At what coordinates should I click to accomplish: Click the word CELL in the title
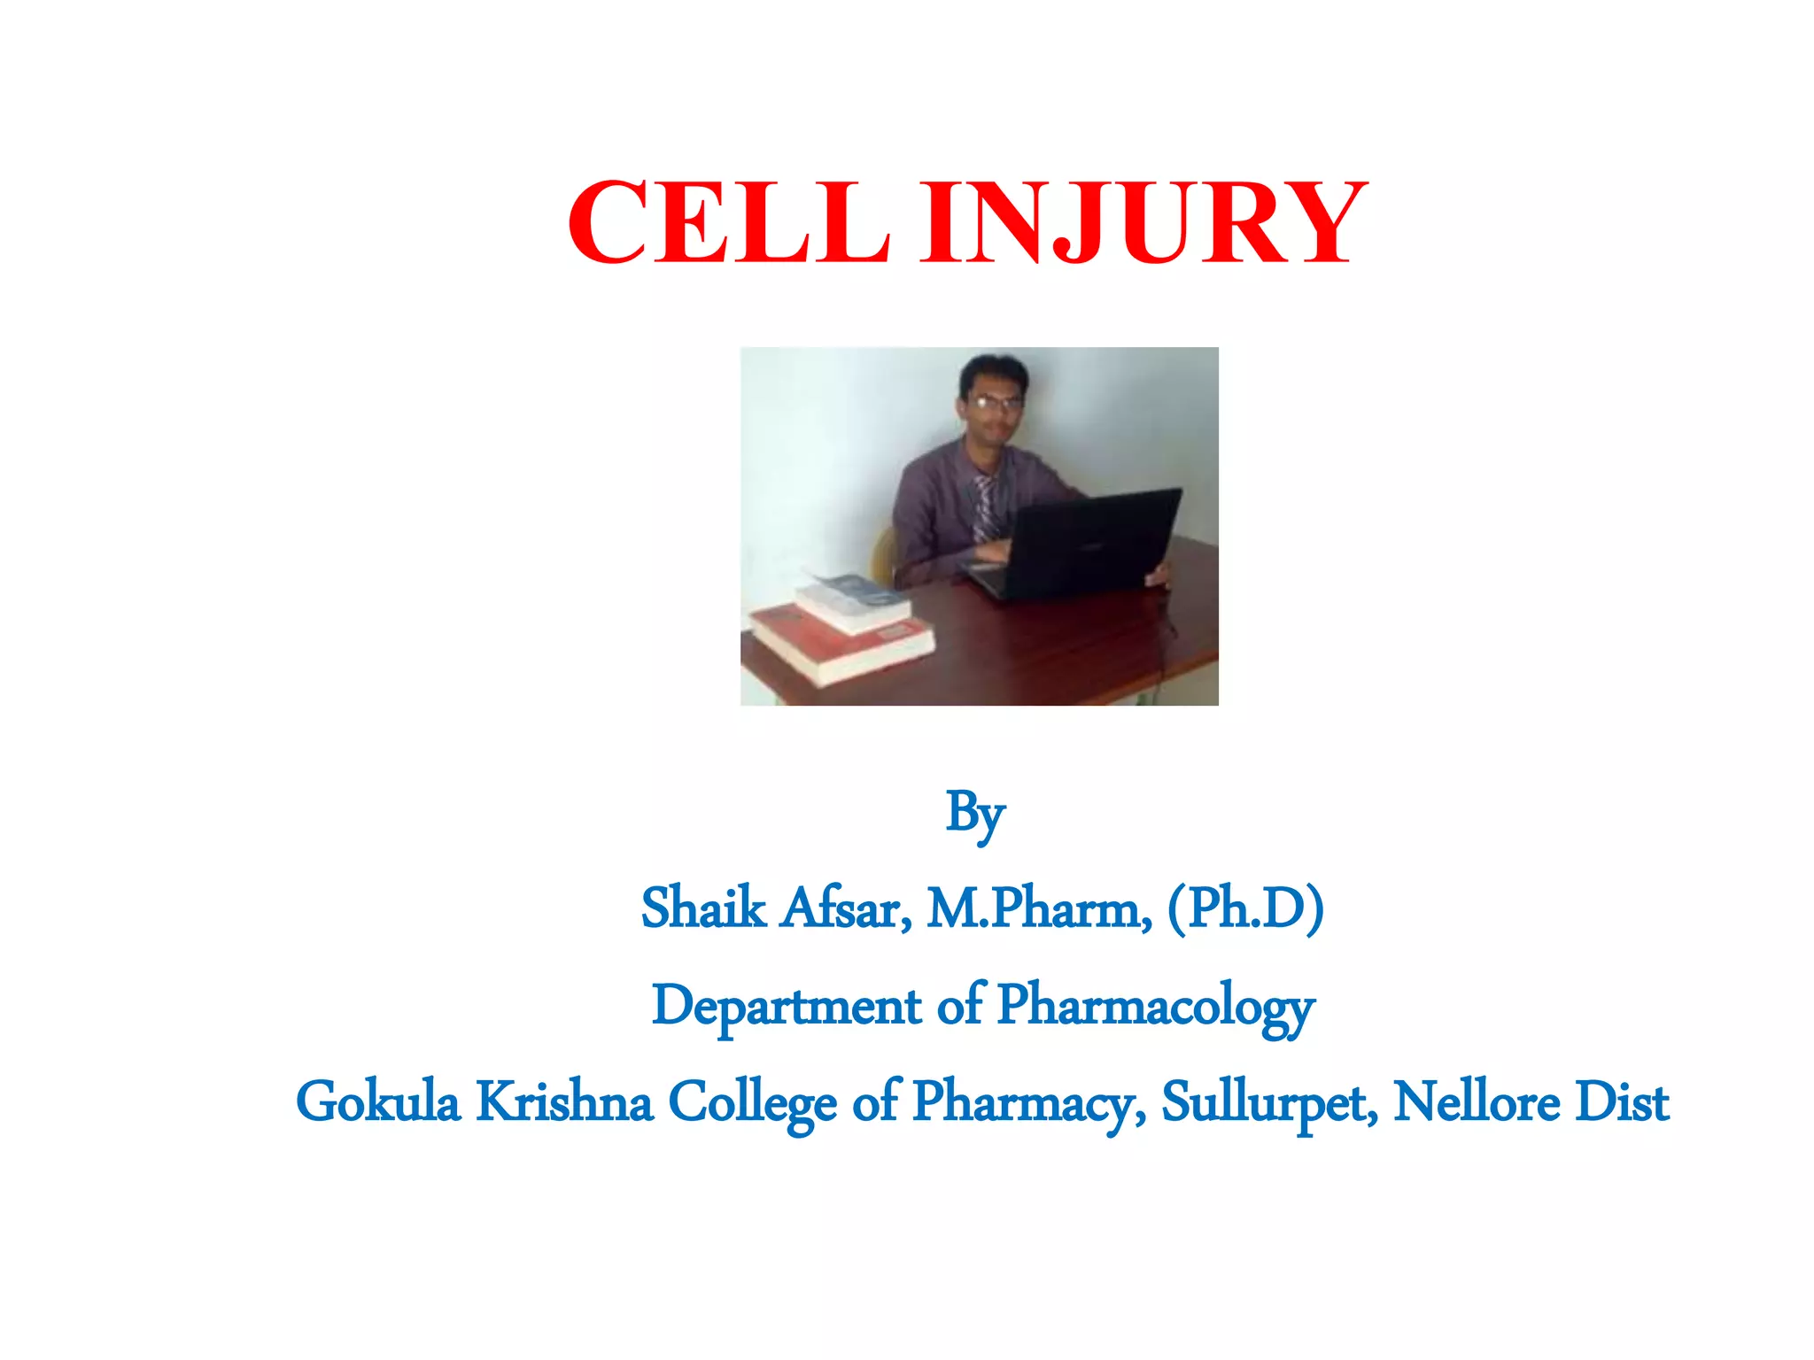tap(728, 222)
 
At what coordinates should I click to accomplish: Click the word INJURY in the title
tap(1143, 222)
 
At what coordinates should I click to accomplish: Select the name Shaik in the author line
tap(703, 909)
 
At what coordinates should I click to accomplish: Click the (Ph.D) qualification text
tap(1245, 909)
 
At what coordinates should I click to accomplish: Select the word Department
tap(787, 1008)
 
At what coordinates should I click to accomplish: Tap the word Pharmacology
tap(1156, 1008)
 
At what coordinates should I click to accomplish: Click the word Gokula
tap(378, 1103)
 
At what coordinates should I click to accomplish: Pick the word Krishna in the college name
tap(564, 1103)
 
